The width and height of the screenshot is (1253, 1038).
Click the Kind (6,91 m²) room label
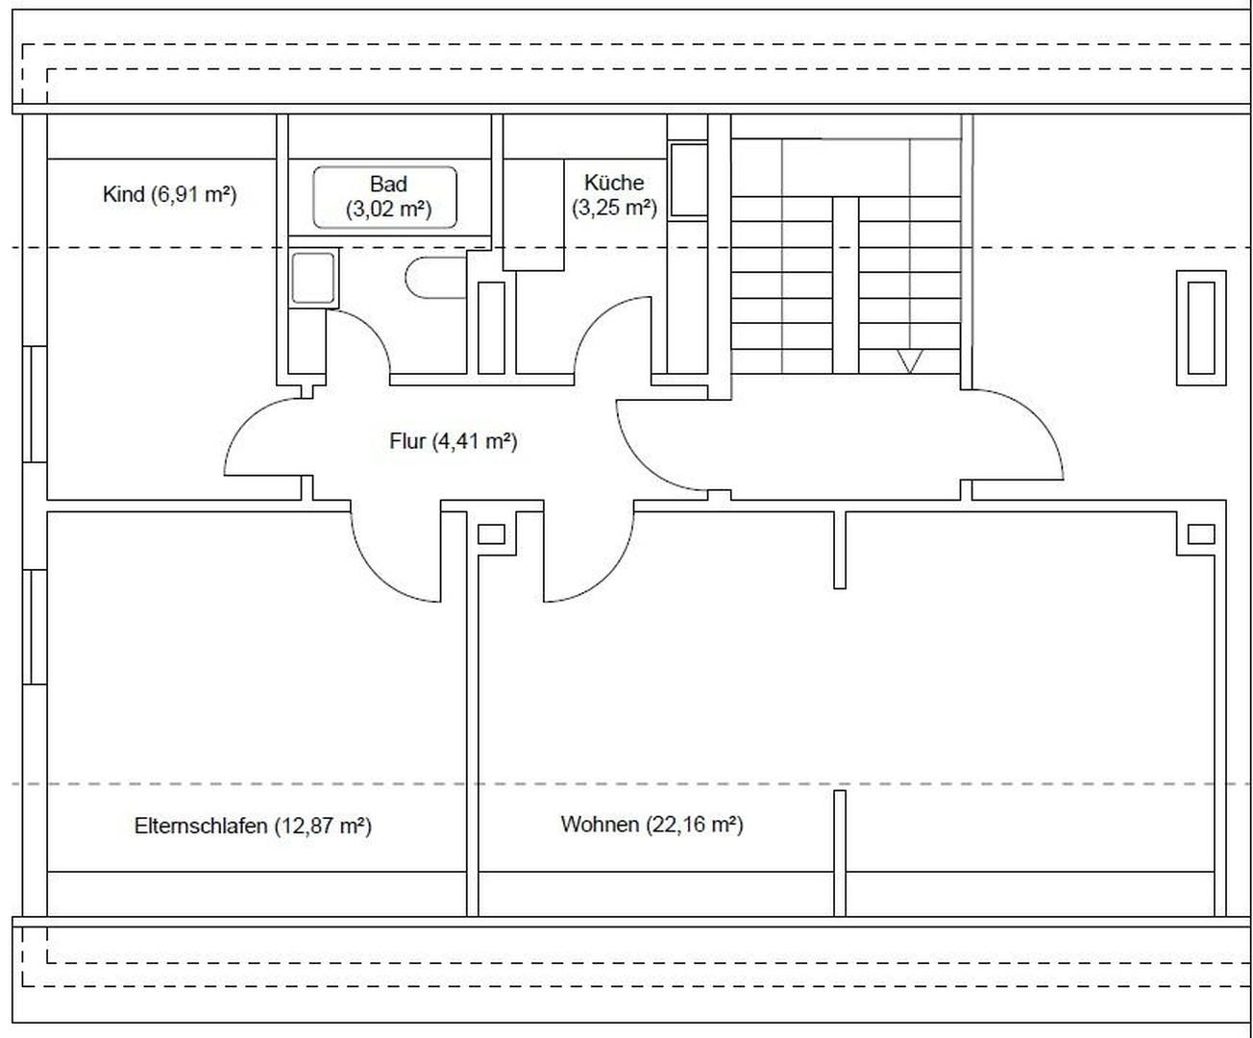(170, 194)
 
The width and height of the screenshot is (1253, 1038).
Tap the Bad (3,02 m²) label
(389, 196)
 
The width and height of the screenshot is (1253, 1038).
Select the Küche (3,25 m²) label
(614, 195)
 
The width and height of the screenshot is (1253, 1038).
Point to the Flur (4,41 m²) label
(454, 441)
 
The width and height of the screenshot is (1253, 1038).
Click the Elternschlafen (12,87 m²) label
(253, 826)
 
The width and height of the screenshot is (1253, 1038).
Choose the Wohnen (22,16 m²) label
(651, 825)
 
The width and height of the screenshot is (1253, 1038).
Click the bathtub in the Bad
(384, 198)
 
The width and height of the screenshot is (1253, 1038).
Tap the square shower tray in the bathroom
(312, 278)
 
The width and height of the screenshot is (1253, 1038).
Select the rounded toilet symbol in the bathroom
(435, 278)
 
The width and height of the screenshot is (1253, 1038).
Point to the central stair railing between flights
(846, 285)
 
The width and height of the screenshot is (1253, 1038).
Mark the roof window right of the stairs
(1201, 328)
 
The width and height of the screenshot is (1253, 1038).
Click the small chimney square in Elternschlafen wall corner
(491, 533)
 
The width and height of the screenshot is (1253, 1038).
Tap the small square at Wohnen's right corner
(1201, 533)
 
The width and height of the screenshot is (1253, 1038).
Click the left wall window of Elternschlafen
(35, 627)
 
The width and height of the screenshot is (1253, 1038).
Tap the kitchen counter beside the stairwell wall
(688, 180)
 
